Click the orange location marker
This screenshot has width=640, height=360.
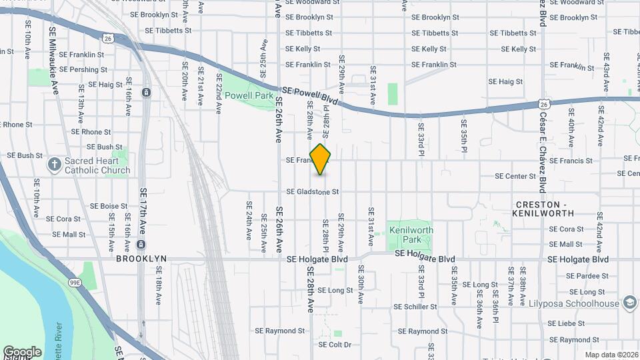[x=321, y=159]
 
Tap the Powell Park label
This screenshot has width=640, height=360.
[x=249, y=95]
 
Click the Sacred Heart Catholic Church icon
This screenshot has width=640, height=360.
[x=54, y=163]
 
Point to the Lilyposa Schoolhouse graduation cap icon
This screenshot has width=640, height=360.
[x=629, y=303]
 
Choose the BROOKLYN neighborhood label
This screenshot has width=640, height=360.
[x=141, y=259]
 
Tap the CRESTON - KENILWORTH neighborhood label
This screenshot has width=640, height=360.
[x=543, y=208]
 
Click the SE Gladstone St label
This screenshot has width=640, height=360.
[x=313, y=192]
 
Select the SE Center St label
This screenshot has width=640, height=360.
[x=515, y=177]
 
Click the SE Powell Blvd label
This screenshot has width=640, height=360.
[x=310, y=95]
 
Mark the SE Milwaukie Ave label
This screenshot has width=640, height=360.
[x=54, y=60]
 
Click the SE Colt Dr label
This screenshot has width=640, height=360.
[x=335, y=345]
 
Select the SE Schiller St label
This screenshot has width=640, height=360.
[x=415, y=307]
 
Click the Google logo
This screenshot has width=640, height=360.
[x=22, y=351]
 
